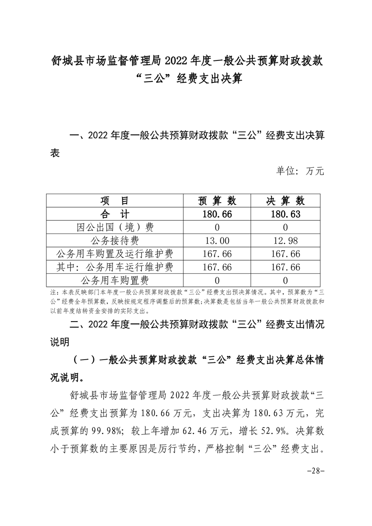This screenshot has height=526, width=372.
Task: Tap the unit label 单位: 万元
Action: pos(300,172)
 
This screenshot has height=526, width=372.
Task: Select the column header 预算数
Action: pos(217,201)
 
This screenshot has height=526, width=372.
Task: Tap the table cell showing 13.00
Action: pos(217,241)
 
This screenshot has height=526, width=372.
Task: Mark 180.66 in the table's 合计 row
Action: pos(217,214)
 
